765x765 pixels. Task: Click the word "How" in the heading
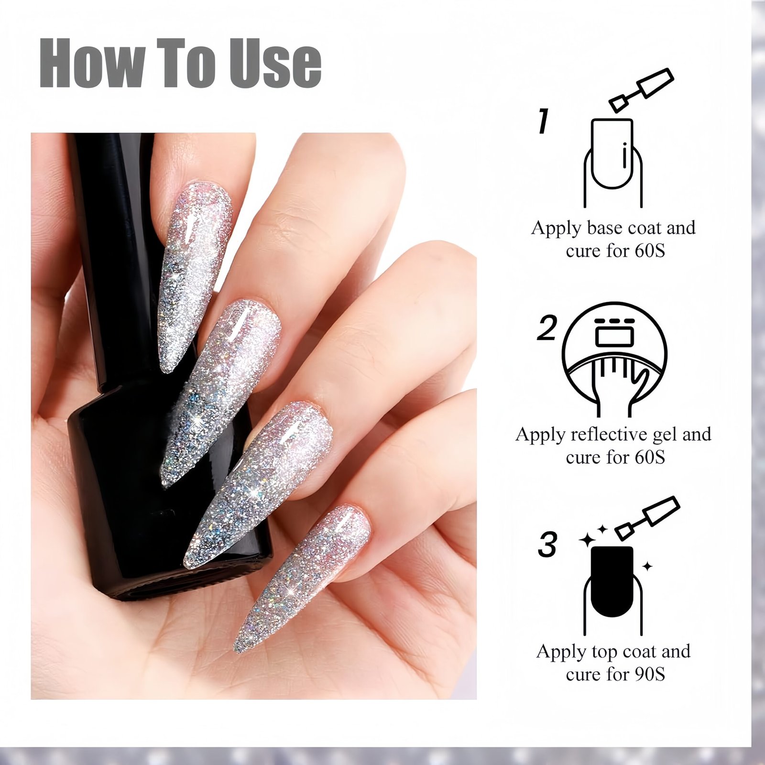91,65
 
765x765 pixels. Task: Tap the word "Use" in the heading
276,65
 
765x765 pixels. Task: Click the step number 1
543,121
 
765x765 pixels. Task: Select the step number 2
547,328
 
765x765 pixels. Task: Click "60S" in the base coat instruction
650,251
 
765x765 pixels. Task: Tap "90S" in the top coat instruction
650,674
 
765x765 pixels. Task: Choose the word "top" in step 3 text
606,652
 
